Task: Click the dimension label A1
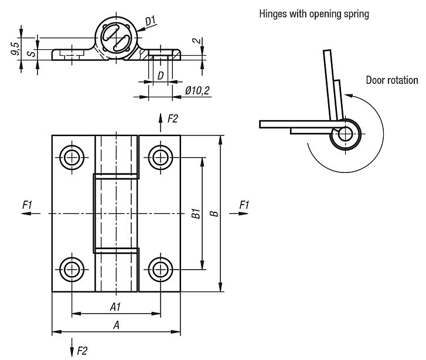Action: (115, 307)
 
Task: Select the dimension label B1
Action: (196, 214)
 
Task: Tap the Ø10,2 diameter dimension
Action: (196, 90)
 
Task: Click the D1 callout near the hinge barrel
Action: (151, 22)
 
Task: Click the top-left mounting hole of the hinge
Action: (71, 157)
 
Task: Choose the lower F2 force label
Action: (82, 351)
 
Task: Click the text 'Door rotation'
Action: (392, 80)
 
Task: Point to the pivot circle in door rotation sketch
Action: (345, 134)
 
